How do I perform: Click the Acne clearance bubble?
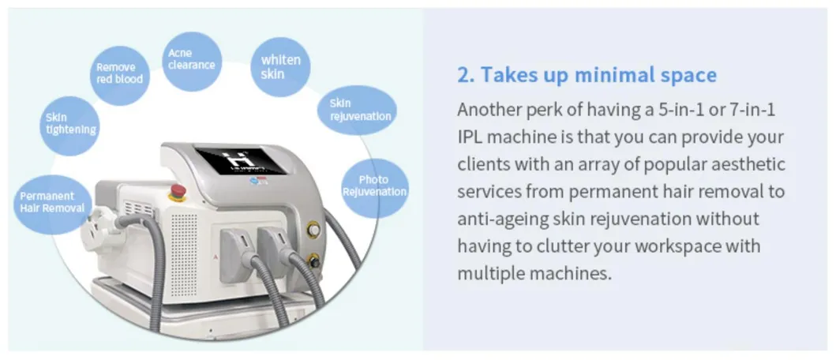pyautogui.click(x=191, y=62)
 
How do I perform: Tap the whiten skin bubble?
pyautogui.click(x=280, y=67)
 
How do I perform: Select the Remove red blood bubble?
pyautogui.click(x=119, y=75)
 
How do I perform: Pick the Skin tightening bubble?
pyautogui.click(x=69, y=126)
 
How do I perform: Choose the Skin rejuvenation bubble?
pyautogui.click(x=357, y=111)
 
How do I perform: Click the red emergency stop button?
pyautogui.click(x=178, y=191)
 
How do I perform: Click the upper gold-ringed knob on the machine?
pyautogui.click(x=313, y=229)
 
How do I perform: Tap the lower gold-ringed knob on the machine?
pyautogui.click(x=313, y=261)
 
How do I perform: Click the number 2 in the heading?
pyautogui.click(x=463, y=76)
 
